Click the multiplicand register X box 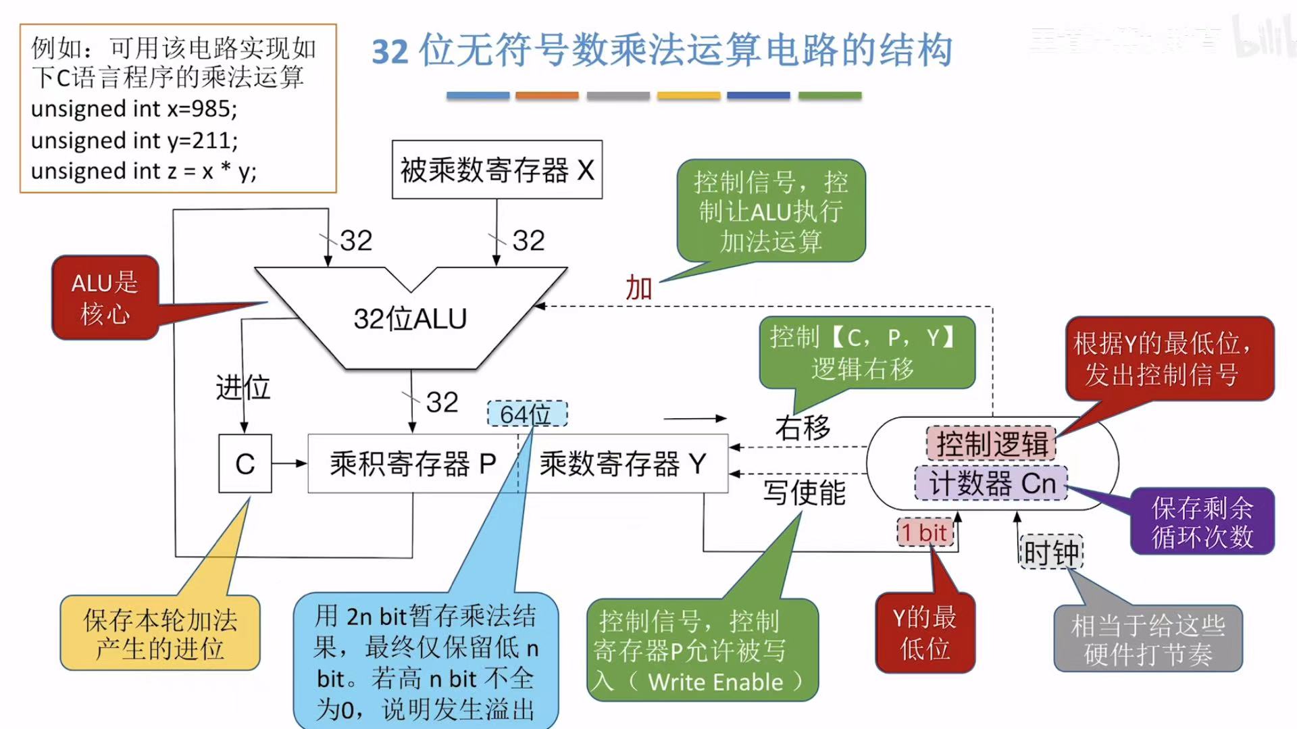click(x=497, y=170)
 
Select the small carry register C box click(x=245, y=463)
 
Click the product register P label click(x=413, y=463)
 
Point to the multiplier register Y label click(x=622, y=463)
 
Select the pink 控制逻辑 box click(x=991, y=443)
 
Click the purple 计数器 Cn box click(x=991, y=483)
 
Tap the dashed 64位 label click(x=527, y=413)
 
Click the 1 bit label click(x=924, y=532)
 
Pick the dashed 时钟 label click(x=1050, y=553)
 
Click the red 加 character click(x=638, y=288)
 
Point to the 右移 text click(x=803, y=428)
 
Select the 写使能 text click(x=804, y=492)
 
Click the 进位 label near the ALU click(x=243, y=388)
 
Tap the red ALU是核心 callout click(x=105, y=297)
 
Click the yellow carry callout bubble click(x=160, y=633)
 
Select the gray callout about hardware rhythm click(x=1148, y=638)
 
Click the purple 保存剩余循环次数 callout click(x=1202, y=521)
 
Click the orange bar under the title click(x=546, y=95)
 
